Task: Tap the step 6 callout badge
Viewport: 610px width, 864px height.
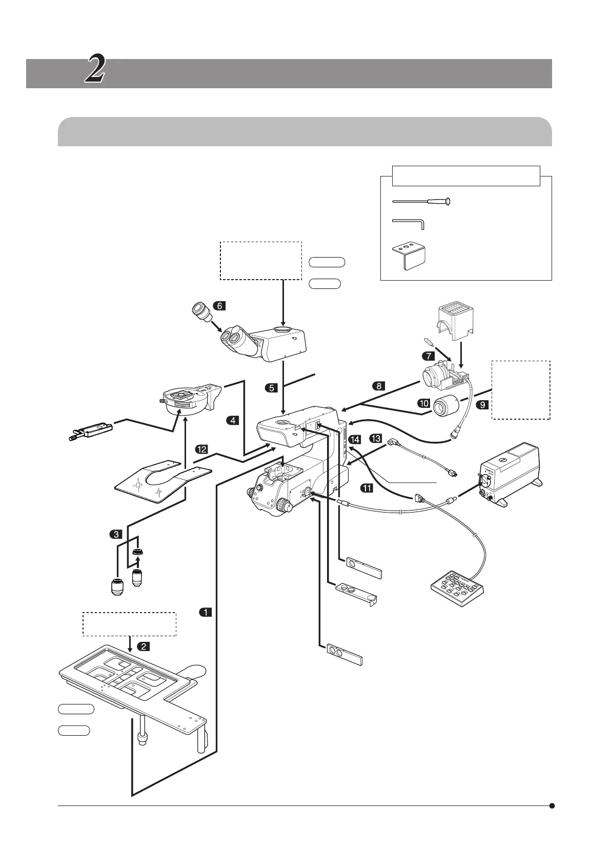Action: pos(219,306)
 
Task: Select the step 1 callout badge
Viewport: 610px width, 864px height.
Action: pos(205,612)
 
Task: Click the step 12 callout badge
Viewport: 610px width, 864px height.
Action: pos(201,449)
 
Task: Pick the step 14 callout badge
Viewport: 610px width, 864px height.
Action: pos(354,440)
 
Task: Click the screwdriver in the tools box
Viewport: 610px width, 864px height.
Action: pos(421,202)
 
